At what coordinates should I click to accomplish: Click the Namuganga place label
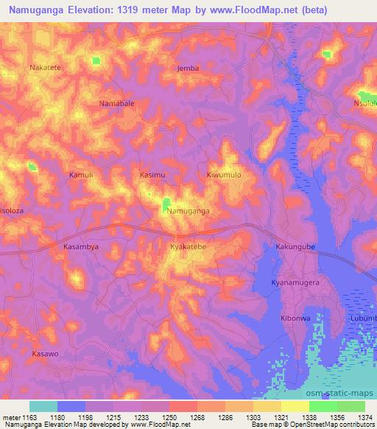tap(188, 211)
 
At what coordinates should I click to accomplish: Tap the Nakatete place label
tap(45, 67)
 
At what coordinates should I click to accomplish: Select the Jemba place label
tap(188, 68)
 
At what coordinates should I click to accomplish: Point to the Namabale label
tap(116, 104)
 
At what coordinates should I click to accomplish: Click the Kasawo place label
tap(45, 354)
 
